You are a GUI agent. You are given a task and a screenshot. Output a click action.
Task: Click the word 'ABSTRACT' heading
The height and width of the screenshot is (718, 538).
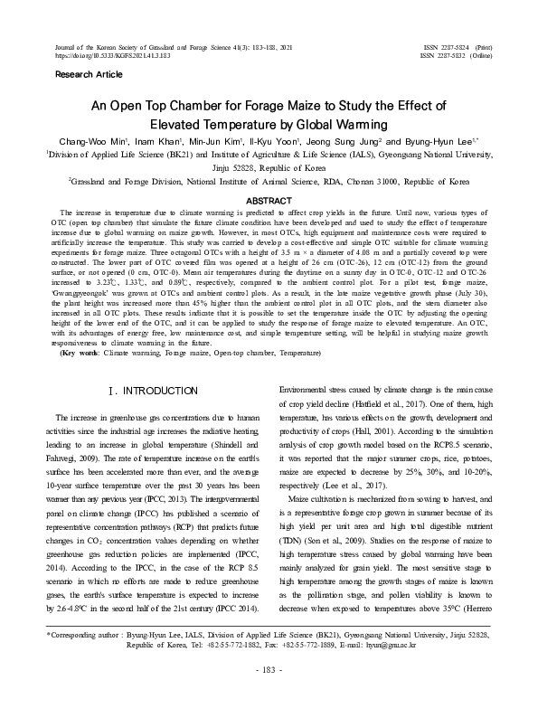point(269,199)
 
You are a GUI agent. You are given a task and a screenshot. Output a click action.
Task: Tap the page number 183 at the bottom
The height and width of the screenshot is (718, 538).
point(269,694)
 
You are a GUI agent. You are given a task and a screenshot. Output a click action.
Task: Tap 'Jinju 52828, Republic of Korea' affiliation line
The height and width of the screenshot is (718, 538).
point(269,167)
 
